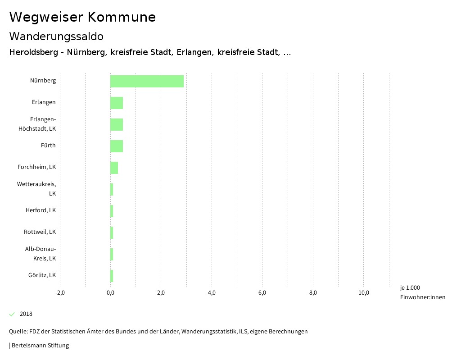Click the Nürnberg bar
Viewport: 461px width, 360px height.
pos(147,81)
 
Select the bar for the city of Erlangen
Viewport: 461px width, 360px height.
pos(117,103)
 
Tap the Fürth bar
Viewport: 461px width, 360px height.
pos(117,146)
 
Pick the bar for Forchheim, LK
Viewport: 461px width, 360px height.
pos(114,168)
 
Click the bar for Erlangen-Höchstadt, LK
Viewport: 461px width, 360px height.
pos(117,124)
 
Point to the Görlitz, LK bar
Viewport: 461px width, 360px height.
pos(112,276)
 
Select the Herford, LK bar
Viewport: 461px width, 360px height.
pos(112,211)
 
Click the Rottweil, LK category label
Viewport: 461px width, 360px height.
pos(40,232)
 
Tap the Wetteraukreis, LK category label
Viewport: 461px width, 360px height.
pos(36,189)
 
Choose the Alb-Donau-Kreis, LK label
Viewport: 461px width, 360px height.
pos(40,254)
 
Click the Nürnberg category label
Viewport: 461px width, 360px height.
pos(43,81)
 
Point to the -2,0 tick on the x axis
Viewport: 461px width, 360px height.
pos(60,293)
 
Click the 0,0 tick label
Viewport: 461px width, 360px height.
pos(110,293)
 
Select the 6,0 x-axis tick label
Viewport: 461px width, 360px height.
pos(262,293)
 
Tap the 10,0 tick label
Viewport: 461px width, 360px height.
pos(364,293)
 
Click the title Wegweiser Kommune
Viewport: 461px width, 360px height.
pos(82,17)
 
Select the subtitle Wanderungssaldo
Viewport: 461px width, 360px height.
pos(56,36)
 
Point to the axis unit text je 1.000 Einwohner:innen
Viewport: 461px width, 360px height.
pos(422,292)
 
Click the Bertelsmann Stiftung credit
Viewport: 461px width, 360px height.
pos(40,346)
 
